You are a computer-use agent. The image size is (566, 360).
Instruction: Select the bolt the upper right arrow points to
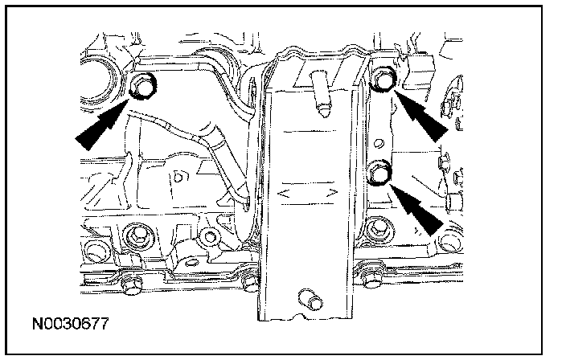(383, 78)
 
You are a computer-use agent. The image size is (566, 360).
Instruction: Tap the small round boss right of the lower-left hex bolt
(211, 237)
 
